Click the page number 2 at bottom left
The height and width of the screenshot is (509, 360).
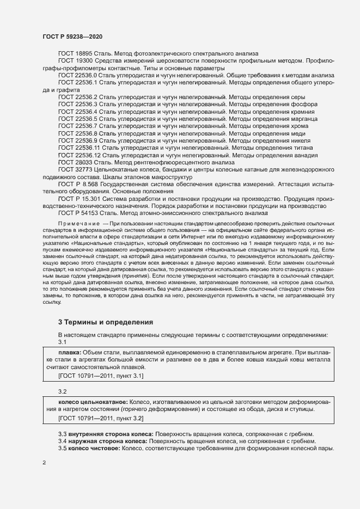click(45, 463)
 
